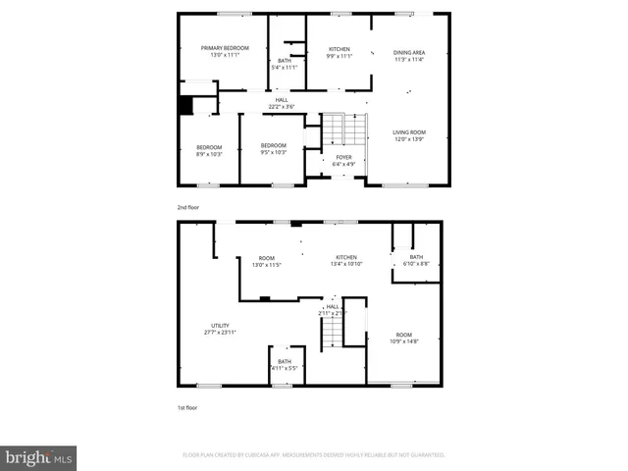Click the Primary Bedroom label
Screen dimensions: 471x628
(225, 51)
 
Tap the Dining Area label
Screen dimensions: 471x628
(408, 55)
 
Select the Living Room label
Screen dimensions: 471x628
(408, 135)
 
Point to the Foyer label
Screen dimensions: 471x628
(343, 160)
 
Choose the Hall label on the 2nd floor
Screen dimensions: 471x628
(282, 102)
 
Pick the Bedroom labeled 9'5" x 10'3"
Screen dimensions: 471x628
(273, 149)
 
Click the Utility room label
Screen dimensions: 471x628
(220, 329)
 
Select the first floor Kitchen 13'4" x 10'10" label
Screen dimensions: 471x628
(346, 261)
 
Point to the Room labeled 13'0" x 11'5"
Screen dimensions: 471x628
(266, 261)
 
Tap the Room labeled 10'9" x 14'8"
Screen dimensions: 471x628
(404, 337)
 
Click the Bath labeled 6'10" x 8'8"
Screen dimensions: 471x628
(416, 260)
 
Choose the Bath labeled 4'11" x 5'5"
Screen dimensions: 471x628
(285, 364)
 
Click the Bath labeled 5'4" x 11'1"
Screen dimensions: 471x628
(284, 64)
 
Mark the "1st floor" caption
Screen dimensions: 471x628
(186, 407)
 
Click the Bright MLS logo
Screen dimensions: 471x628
(38, 457)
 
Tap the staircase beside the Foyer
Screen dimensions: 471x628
(339, 129)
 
